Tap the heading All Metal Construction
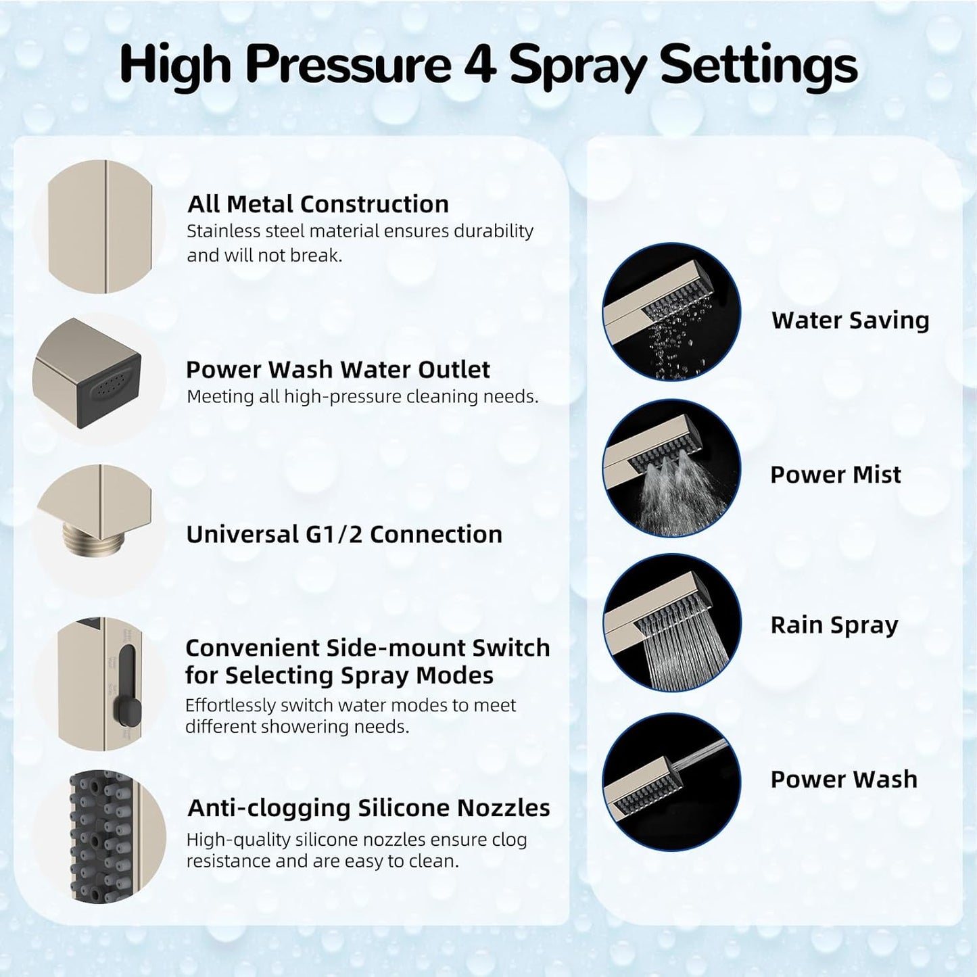(x=318, y=204)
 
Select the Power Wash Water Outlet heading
(x=337, y=370)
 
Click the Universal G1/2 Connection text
(x=344, y=535)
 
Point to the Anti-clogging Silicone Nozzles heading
(x=368, y=808)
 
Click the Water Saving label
(x=850, y=320)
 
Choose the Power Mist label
(x=835, y=475)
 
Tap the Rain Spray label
(x=834, y=625)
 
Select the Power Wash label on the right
(x=843, y=780)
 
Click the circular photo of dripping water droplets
(x=671, y=312)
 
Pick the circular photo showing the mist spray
(x=671, y=468)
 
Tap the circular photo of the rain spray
(x=671, y=623)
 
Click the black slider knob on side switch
(x=131, y=709)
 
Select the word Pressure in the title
(x=348, y=66)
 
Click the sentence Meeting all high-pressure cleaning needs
(x=362, y=397)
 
